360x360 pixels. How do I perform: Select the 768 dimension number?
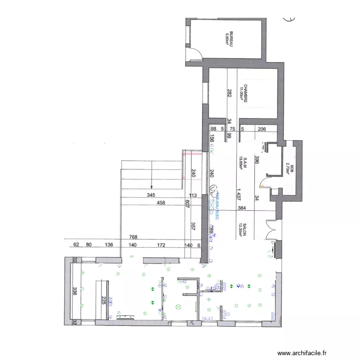(x=135, y=237)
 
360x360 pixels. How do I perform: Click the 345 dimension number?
(x=151, y=195)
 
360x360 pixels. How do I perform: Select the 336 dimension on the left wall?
(x=75, y=291)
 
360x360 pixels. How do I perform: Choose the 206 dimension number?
(x=262, y=129)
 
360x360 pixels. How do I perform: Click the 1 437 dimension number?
(x=238, y=193)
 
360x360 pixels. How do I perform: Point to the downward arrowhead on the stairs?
(x=152, y=186)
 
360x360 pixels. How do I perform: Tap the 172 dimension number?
(x=161, y=245)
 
